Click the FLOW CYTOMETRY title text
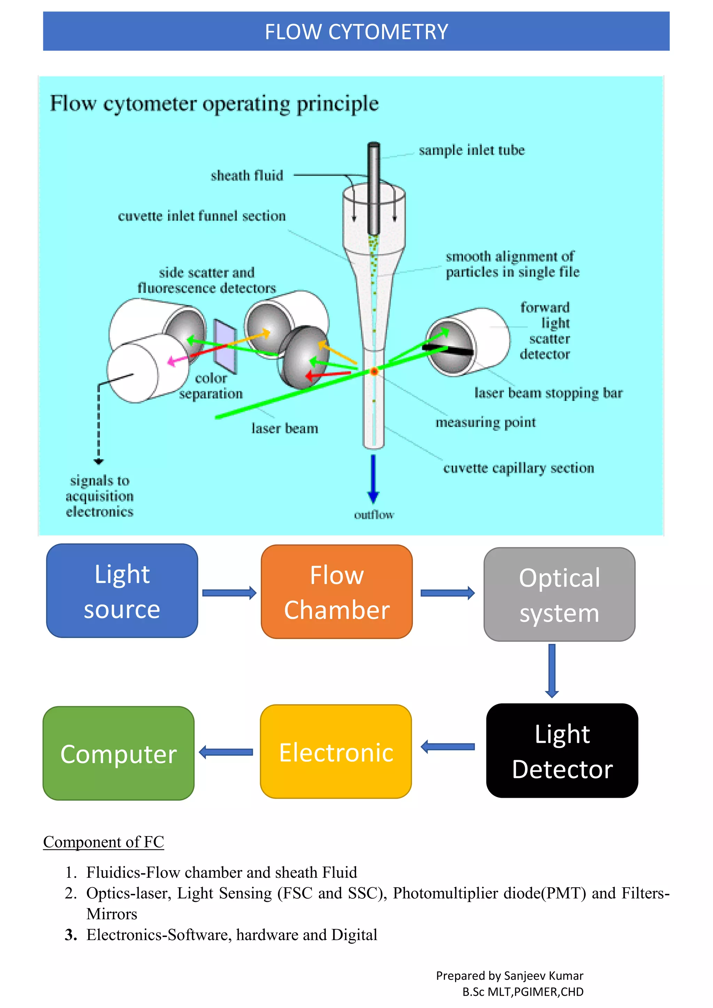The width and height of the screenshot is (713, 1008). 356,32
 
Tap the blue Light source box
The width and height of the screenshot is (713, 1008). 122,591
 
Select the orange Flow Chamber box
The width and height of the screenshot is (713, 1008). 336,592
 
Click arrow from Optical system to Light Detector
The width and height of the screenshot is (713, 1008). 552,671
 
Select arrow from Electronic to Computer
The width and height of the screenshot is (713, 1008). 226,752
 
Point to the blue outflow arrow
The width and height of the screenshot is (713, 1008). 373,479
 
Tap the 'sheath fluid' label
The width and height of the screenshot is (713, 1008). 247,176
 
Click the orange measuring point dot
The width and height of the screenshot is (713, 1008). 374,371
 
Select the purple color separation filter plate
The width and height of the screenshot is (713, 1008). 225,347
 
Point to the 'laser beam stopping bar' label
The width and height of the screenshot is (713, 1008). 548,393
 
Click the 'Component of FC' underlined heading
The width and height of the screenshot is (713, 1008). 104,842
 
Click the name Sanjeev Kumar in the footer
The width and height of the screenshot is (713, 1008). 543,976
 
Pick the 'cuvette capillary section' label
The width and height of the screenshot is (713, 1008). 518,468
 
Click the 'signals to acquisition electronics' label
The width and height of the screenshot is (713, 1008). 100,496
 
